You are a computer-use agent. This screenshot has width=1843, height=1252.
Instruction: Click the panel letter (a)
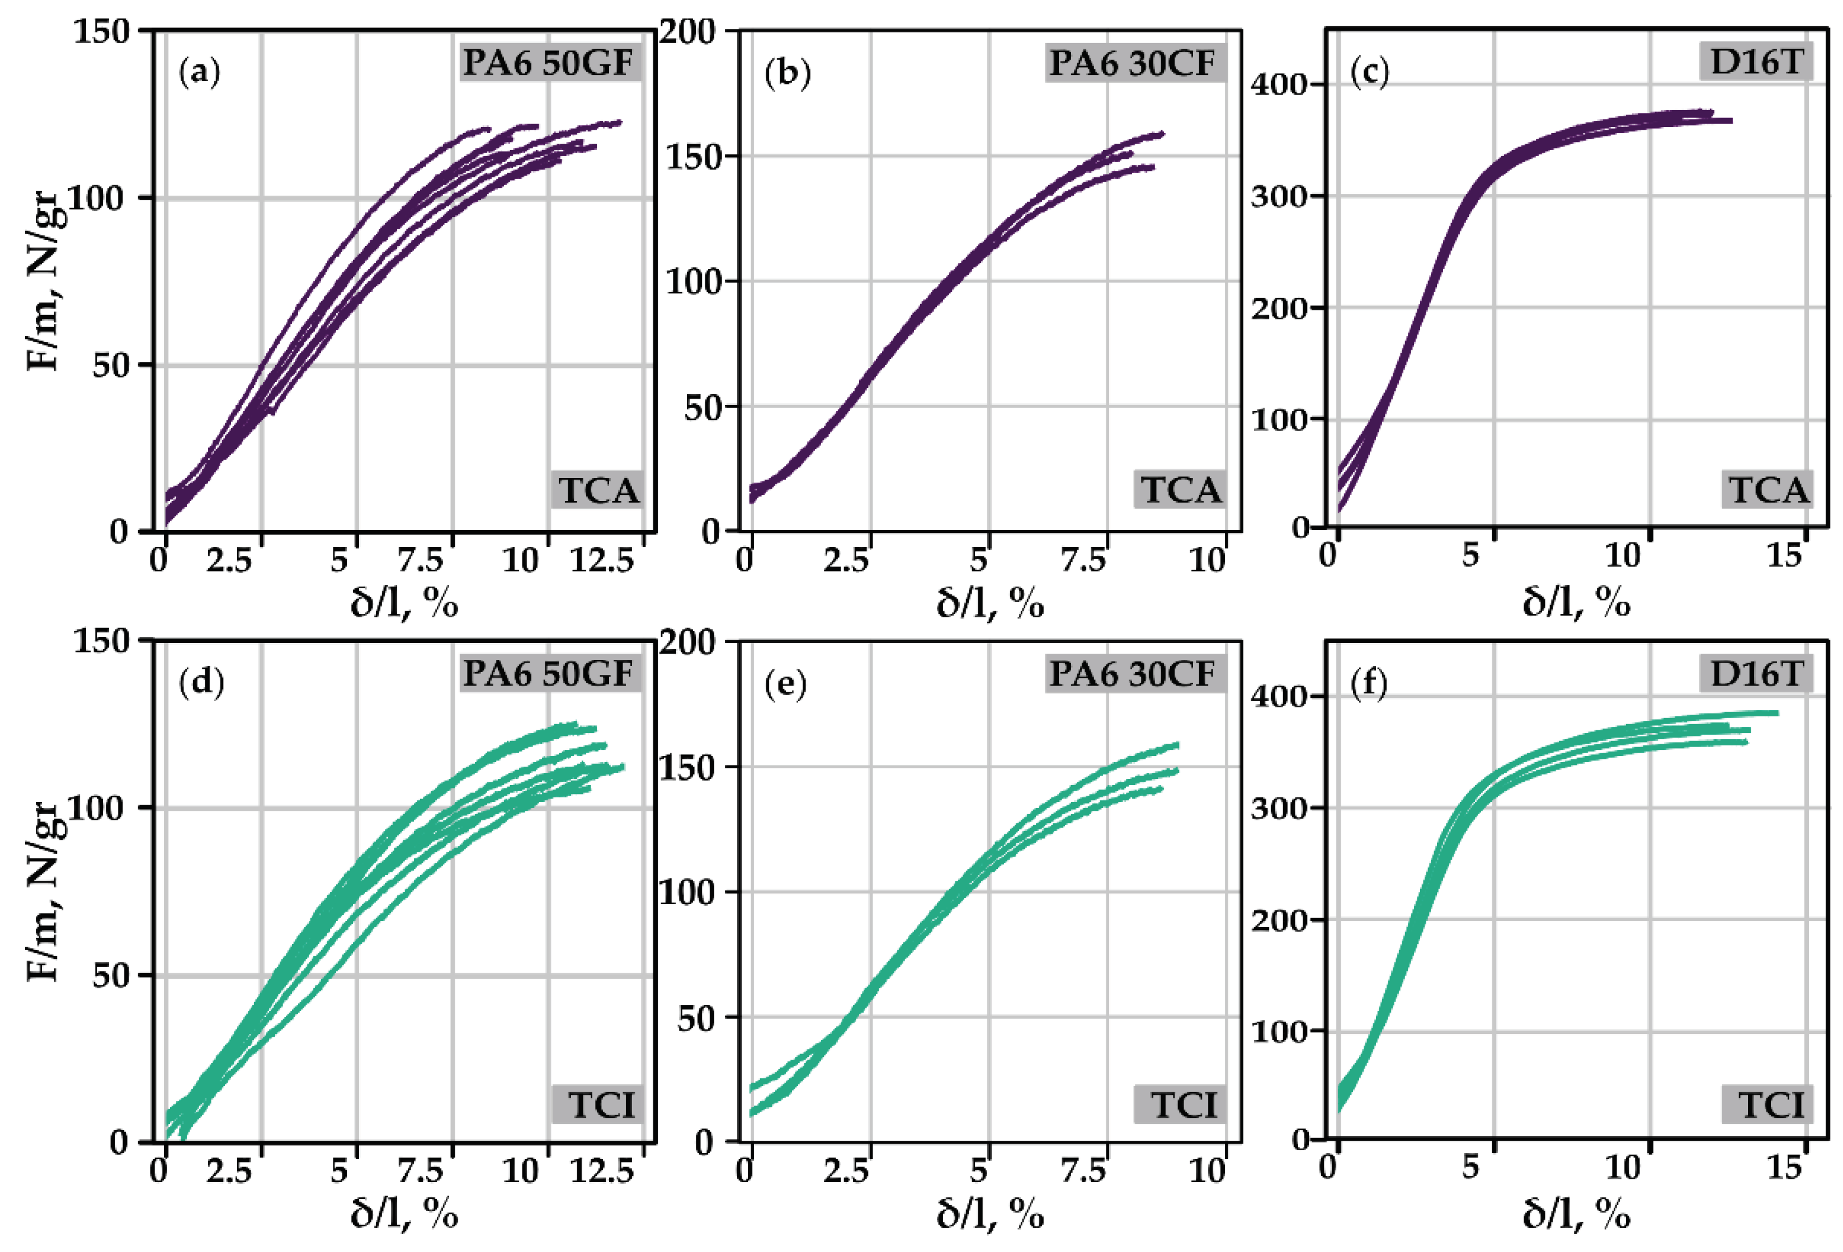point(199,72)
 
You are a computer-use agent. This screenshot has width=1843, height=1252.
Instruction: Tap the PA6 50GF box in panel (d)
point(549,674)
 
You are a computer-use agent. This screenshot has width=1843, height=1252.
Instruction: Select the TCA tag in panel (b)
point(1180,490)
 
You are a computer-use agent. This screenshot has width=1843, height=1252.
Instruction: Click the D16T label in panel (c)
point(1756,61)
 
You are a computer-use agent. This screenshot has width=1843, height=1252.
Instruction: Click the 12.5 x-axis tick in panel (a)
point(602,561)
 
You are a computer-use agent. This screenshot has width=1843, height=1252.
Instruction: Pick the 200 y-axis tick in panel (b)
point(687,32)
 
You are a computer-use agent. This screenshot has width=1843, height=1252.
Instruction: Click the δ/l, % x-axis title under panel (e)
point(989,1214)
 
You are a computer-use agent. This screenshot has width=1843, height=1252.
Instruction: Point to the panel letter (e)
point(785,683)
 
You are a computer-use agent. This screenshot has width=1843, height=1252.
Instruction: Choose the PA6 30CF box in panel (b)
point(1133,63)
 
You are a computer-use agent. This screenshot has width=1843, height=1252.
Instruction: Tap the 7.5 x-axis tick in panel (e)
point(1083,1170)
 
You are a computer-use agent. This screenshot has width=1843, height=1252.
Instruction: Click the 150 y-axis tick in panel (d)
point(100,641)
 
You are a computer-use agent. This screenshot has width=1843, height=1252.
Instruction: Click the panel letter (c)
point(1370,72)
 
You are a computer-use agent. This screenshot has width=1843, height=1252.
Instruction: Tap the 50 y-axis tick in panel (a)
point(110,366)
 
